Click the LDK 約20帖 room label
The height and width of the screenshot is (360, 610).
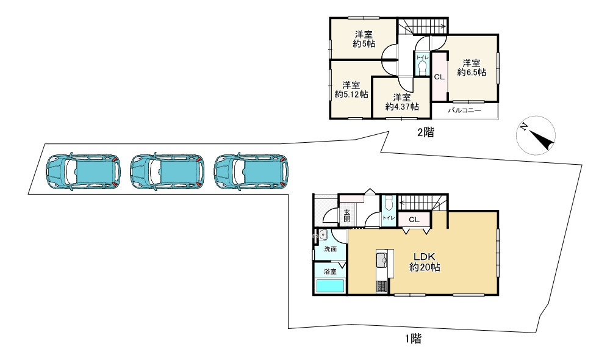[425, 262]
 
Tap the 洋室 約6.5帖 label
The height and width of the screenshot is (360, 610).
[472, 67]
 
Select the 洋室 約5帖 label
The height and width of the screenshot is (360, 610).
[364, 39]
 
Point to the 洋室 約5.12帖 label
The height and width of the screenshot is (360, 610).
[351, 90]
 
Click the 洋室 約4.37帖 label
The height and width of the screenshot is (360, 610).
[402, 101]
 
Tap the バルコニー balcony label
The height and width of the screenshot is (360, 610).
[464, 110]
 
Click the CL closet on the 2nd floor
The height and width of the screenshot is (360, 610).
[439, 77]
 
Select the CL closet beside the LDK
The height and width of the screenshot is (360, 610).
[414, 220]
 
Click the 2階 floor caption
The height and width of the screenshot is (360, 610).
[426, 132]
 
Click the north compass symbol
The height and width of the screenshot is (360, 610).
[536, 135]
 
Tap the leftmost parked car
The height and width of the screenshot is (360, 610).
[83, 171]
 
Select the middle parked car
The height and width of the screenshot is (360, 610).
[167, 171]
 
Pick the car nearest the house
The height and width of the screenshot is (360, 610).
[251, 171]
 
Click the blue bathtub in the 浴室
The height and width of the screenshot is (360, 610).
[330, 286]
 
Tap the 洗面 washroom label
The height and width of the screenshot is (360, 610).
[330, 249]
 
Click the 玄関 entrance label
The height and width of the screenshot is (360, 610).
[346, 215]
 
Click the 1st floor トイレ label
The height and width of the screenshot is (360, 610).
[389, 218]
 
